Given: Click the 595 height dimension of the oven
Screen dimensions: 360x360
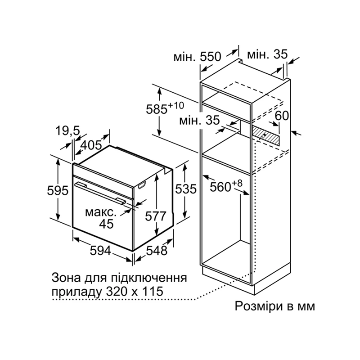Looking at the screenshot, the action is coord(58,190).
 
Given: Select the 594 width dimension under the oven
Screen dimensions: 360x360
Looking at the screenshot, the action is coord(100,250).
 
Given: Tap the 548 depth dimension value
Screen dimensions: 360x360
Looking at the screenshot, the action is coord(157,250).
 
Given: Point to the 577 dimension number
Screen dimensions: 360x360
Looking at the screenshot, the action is coord(155,216).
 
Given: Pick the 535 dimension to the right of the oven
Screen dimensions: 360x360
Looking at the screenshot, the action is coord(186,189).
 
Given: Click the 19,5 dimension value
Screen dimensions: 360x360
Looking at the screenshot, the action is coord(67,131).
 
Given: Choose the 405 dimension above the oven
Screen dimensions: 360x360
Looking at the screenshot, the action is coord(91,145).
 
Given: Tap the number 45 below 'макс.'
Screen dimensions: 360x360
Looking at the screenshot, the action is coord(106,224).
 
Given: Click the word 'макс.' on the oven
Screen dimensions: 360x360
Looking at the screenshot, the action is coord(101,212).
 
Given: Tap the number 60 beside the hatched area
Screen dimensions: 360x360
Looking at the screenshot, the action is coord(282,116).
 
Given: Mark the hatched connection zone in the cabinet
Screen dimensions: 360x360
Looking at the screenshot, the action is coord(266,136).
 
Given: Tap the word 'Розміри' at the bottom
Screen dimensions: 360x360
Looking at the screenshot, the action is coord(258,306).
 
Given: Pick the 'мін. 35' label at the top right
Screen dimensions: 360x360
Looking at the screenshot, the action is coord(267,54).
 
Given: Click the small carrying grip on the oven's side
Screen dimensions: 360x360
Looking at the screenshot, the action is coord(142,185).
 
